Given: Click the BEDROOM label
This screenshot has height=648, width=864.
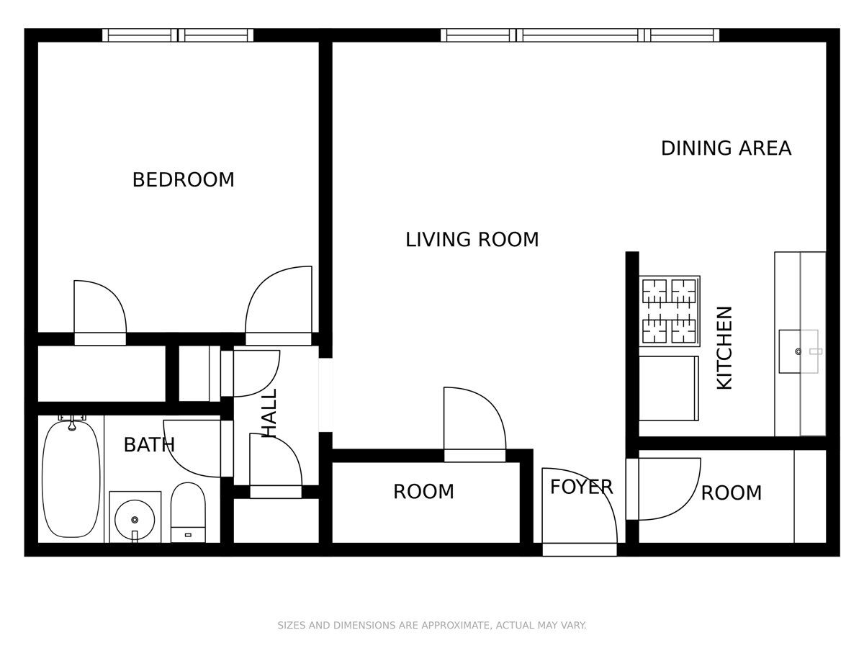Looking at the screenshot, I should point(183,179).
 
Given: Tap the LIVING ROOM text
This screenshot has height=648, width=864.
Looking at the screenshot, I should point(472,239).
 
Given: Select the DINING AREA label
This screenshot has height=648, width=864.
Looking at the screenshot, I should point(726,148).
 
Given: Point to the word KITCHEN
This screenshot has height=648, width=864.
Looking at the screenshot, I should point(724,348).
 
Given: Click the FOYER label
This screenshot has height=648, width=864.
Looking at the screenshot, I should point(581,487).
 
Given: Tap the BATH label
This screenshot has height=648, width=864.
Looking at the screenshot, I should point(148,445).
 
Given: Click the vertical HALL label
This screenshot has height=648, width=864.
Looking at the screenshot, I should point(269,413).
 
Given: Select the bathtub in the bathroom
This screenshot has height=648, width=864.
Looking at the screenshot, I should point(71,479).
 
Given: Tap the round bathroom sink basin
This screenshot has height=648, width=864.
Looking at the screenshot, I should point(135,518).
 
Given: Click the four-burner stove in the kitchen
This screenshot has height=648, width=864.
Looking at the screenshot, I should point(670,310).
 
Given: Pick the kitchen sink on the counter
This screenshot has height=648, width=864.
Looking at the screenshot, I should point(798,351).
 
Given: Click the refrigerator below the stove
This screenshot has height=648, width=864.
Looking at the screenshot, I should point(669,388).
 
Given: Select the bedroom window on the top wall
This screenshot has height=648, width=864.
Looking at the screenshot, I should point(178,35).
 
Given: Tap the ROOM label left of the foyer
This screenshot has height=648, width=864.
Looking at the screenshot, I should point(423,492).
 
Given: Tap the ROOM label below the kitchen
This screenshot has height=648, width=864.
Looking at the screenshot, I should point(731,493).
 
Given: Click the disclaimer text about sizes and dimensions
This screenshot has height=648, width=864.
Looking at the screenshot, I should point(432,626).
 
